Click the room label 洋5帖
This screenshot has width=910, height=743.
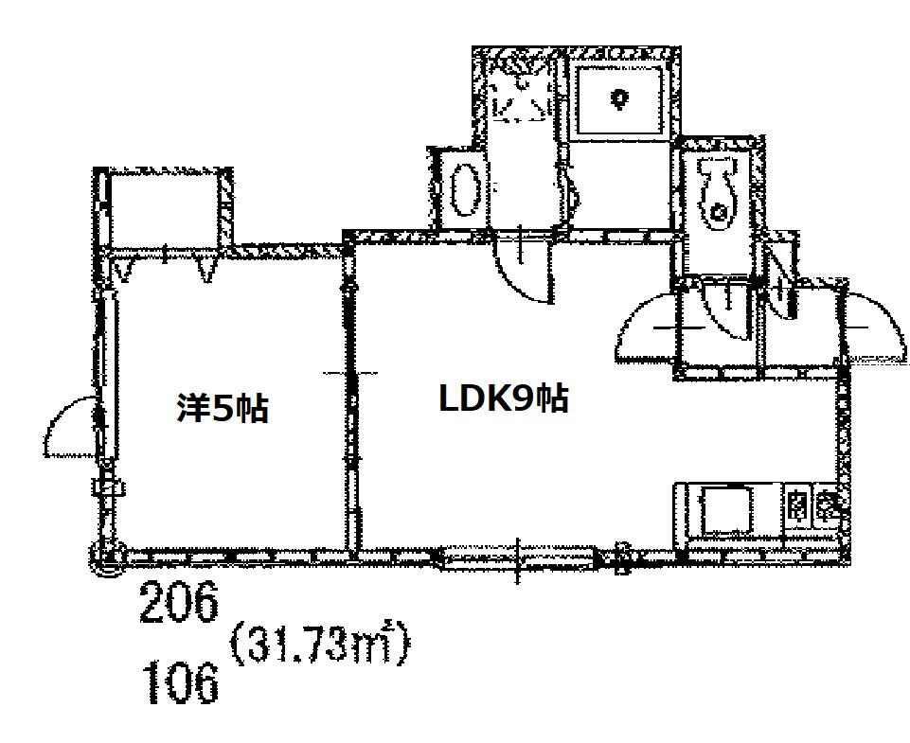[x=223, y=408]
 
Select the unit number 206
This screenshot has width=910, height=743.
[x=180, y=603]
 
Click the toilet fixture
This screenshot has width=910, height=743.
[x=719, y=193]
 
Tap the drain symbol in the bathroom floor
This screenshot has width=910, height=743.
[x=619, y=97]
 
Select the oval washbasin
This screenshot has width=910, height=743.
[x=466, y=189]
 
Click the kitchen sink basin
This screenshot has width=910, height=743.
[x=725, y=510]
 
